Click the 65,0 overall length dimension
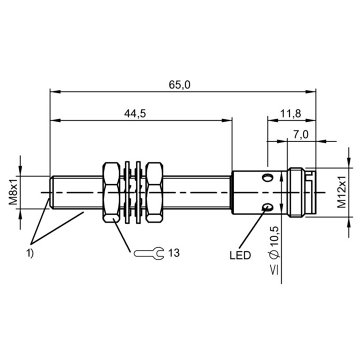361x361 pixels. [180, 85]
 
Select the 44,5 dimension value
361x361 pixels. [135, 114]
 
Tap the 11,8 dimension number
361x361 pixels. [291, 114]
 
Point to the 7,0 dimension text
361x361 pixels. [301, 134]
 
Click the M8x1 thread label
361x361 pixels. [13, 190]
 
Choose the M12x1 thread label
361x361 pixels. [342, 192]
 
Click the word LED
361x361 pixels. [240, 255]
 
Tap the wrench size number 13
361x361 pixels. [174, 253]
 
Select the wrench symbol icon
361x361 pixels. [149, 253]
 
